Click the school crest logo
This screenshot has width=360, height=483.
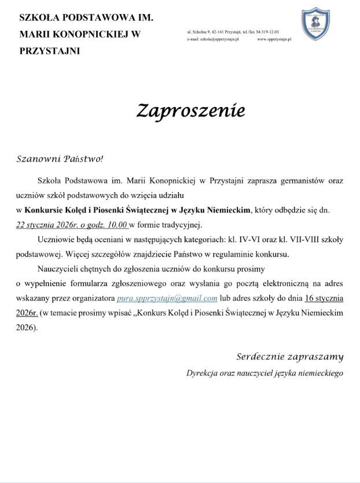tap(315, 24)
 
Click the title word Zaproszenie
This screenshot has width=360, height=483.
tap(182, 110)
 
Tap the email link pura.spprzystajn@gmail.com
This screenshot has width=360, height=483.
tap(167, 298)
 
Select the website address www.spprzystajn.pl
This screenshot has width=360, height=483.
tap(274, 39)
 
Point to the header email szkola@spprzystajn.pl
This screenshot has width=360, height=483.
tap(213, 39)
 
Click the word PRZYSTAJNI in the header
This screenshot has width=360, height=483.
tap(50, 51)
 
